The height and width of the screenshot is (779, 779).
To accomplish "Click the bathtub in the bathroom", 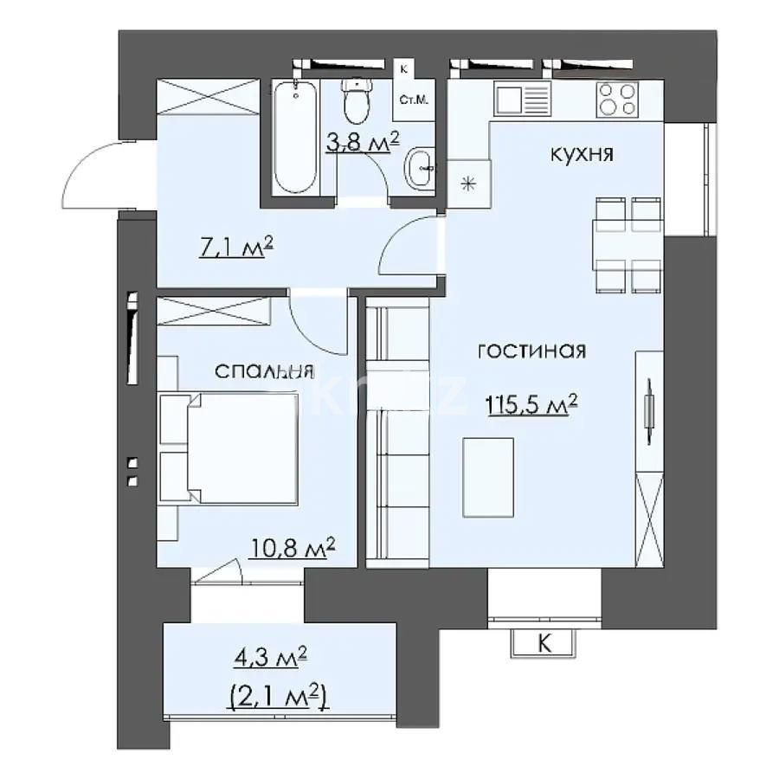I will point(295,138).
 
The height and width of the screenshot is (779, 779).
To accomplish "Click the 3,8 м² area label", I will point(362,140).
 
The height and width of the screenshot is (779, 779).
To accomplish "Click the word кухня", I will point(582,155).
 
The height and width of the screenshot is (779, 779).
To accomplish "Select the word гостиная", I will point(531,351).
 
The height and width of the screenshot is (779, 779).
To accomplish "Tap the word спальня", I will point(263,371).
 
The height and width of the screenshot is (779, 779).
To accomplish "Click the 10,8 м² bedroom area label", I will point(292,548).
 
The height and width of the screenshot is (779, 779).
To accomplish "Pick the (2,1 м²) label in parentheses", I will point(279,696).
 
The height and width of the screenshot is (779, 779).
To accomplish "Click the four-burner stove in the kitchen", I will point(618,98).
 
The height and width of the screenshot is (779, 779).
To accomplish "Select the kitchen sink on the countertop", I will point(522,98).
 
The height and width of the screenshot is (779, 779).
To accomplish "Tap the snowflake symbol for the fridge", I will point(469,183).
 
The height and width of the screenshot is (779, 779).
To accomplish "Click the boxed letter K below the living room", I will point(544,644).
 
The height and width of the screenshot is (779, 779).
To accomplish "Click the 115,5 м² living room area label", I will point(531,404).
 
